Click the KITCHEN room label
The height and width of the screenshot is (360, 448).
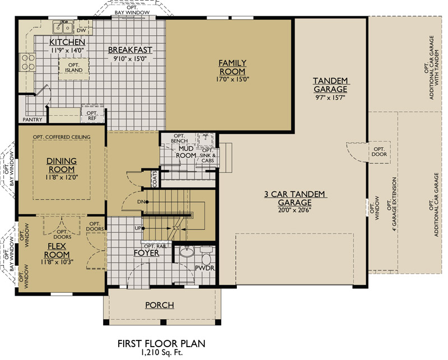click(67, 43)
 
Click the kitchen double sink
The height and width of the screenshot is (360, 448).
click(62, 27)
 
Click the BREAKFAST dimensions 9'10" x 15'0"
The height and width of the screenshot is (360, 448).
click(130, 58)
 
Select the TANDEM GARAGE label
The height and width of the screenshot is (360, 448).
click(330, 85)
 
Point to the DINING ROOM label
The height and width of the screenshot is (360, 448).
click(62, 165)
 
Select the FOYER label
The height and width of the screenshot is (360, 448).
click(146, 253)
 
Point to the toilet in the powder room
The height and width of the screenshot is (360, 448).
click(205, 258)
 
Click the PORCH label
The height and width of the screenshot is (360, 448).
click(159, 305)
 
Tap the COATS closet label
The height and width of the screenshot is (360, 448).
click(155, 177)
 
